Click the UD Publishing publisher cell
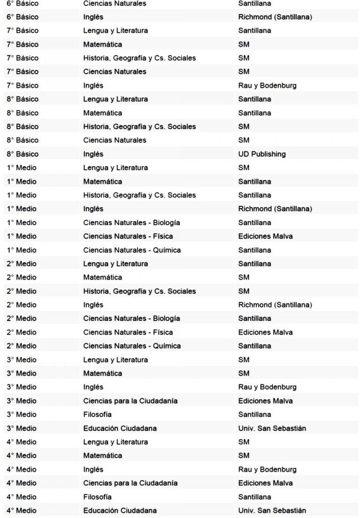click(262, 154)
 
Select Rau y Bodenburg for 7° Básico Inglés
click(267, 85)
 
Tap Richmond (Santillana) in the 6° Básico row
click(275, 17)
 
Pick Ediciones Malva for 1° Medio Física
click(265, 236)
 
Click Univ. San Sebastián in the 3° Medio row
click(272, 428)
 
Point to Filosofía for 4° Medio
click(97, 496)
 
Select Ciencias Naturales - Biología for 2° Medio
click(131, 318)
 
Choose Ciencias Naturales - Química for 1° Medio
click(132, 250)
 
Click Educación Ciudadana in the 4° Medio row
click(120, 510)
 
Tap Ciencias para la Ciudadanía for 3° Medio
click(130, 401)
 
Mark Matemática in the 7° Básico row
click(103, 44)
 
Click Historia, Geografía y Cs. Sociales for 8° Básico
click(139, 126)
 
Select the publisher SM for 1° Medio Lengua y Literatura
click(244, 168)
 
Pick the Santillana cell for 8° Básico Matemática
click(255, 113)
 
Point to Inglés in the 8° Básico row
click(93, 154)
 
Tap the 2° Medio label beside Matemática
click(22, 277)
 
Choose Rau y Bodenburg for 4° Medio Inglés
click(267, 469)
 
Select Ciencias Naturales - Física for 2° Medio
click(128, 332)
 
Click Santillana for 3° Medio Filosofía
click(255, 414)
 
